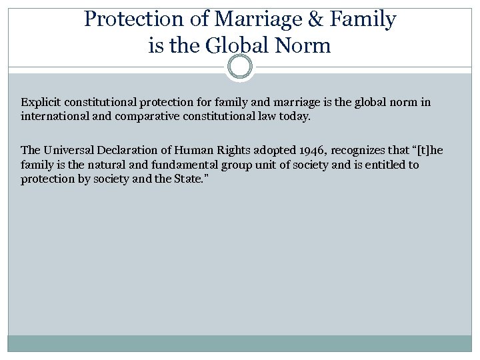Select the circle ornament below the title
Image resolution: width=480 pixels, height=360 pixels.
point(240,67)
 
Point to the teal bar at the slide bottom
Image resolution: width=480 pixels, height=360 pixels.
point(240,343)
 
